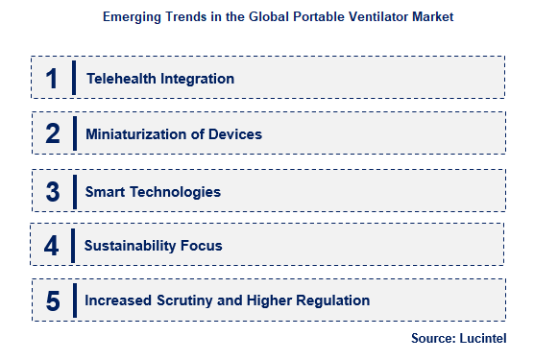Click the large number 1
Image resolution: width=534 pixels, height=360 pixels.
(52, 79)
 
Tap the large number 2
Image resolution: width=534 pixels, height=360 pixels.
(52, 134)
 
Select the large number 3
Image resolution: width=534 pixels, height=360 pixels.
(52, 191)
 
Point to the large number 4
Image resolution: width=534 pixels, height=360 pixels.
(52, 246)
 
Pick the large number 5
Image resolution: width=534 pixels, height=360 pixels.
(52, 300)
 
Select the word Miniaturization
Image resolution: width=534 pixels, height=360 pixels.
(133, 134)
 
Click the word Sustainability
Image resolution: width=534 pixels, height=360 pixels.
(130, 246)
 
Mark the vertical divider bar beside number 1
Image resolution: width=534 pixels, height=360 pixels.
(74, 79)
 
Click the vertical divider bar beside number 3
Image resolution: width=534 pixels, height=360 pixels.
(74, 191)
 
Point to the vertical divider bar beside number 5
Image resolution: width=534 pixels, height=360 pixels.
(74, 300)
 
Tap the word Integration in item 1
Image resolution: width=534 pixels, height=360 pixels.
(196, 79)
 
